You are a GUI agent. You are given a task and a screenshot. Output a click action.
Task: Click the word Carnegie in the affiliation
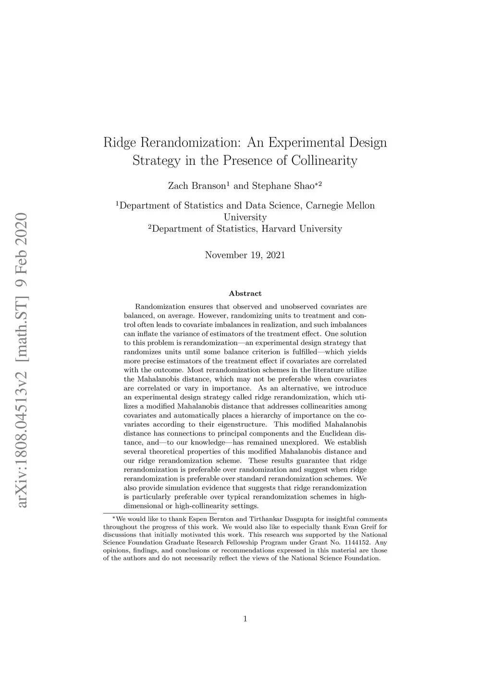point(325,206)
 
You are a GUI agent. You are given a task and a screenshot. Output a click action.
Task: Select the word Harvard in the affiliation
point(279,229)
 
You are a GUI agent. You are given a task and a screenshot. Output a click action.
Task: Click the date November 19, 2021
point(245,255)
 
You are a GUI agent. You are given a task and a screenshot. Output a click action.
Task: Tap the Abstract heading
point(245,293)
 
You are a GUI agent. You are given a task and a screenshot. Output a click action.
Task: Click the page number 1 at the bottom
point(245,619)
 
